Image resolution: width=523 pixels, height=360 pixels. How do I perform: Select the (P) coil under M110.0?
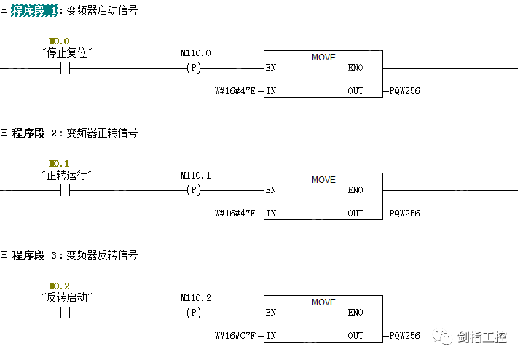coord(194,68)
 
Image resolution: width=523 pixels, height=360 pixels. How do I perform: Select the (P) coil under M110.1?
coord(194,190)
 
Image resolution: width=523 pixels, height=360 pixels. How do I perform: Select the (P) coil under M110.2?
coord(194,313)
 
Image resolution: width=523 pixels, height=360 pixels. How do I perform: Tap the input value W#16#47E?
coord(235,91)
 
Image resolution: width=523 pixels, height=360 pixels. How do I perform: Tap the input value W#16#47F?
coord(235,214)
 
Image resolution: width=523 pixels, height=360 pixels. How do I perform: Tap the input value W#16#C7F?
coord(235,336)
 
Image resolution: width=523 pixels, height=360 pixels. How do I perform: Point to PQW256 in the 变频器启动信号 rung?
coord(404,91)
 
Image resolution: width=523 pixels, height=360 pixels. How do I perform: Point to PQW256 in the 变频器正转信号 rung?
coord(404,214)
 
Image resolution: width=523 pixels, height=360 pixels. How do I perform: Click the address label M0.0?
coord(59,42)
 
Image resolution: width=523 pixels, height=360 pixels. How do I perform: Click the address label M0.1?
coord(59,164)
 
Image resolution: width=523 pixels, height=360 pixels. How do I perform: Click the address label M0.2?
coord(59,286)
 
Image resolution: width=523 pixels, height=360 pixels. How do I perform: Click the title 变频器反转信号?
coord(102,256)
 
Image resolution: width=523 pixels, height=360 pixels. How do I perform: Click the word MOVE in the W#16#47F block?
coord(323,180)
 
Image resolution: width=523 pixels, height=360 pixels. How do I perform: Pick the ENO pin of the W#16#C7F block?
coord(355,313)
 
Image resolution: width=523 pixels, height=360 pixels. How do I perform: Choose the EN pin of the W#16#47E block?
coord(271,68)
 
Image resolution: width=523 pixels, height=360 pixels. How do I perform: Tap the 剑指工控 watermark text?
coord(481,337)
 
